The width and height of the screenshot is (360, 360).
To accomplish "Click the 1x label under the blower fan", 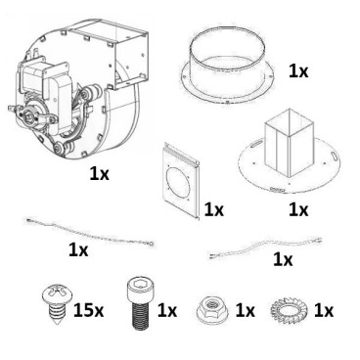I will (x=100, y=173).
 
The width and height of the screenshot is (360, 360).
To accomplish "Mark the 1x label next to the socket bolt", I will (x=166, y=311).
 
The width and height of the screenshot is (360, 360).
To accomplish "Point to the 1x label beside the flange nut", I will (x=244, y=311).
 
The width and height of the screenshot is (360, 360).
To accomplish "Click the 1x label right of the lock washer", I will (x=323, y=311).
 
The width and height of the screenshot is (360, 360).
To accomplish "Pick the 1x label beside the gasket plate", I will (x=214, y=209).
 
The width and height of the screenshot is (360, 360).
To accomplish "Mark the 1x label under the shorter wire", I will (x=282, y=260).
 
